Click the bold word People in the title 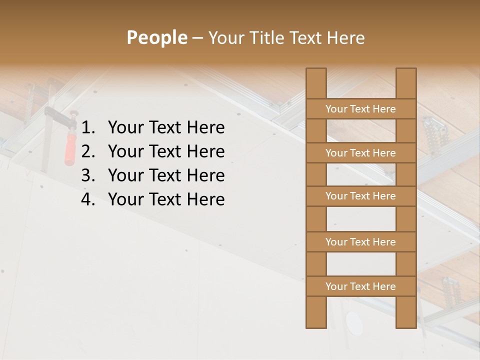pos(156,37)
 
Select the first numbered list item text pos(166,127)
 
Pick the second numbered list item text pos(166,151)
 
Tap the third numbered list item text pos(166,175)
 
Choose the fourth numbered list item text pos(166,199)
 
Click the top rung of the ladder pos(360,108)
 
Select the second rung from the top pos(360,152)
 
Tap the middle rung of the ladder pos(360,196)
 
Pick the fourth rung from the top pos(360,241)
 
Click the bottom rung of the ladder pos(360,286)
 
